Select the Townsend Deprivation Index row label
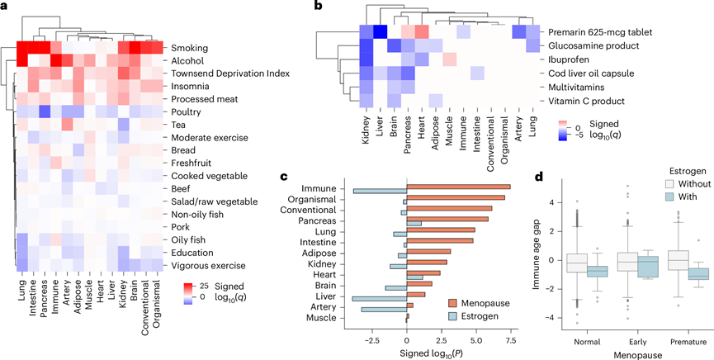[x=219, y=73]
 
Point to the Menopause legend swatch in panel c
[x=480, y=303]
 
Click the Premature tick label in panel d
[x=679, y=338]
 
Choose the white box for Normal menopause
[x=576, y=263]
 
